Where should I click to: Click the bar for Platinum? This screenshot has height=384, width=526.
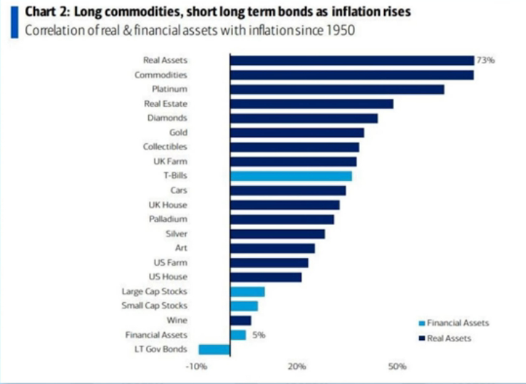pos(336,89)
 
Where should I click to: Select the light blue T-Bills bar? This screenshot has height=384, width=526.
pos(291,176)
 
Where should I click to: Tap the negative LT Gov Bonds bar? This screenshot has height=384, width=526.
pos(214,349)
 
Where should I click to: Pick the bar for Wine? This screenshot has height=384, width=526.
pos(240,321)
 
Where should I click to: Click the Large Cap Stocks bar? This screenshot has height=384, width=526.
pos(247,291)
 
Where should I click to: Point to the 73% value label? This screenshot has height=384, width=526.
pos(485,61)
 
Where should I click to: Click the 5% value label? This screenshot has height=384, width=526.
pos(258,334)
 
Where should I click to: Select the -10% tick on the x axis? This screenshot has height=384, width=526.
pos(195,367)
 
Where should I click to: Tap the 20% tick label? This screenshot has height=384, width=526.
pos(296,367)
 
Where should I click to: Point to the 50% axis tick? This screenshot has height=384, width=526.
pos(397,367)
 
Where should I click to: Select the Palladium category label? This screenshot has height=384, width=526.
pos(168,219)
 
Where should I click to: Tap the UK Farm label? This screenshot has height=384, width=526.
pos(172,161)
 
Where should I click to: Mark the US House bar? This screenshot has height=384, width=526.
pos(266,277)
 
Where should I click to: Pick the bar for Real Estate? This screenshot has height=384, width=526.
pos(311,103)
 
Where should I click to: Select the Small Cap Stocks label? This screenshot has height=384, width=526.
pos(155,306)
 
